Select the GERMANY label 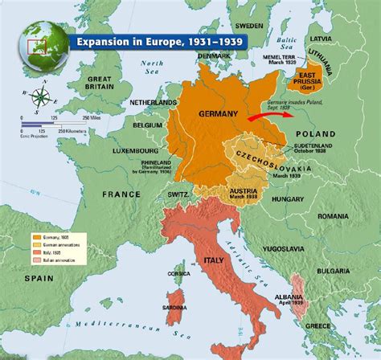[218, 113]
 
